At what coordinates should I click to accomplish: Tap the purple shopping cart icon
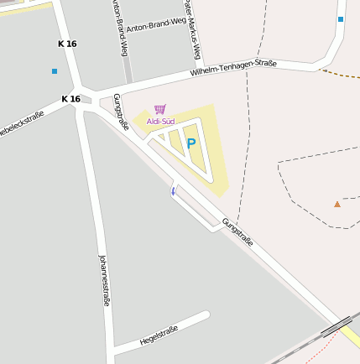[x=159, y=109]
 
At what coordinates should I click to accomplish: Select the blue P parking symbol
[x=191, y=143]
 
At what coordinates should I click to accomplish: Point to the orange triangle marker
[x=337, y=204]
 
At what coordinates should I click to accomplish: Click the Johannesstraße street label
[x=105, y=280]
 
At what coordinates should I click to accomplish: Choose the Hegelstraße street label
[x=159, y=335]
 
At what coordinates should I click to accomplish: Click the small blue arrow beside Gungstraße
[x=174, y=191]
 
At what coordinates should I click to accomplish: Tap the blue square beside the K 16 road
[x=55, y=71]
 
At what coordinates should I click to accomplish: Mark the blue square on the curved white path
[x=341, y=18]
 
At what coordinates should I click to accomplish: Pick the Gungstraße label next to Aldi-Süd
[x=121, y=112]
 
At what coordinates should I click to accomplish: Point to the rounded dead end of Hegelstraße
[x=204, y=315]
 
